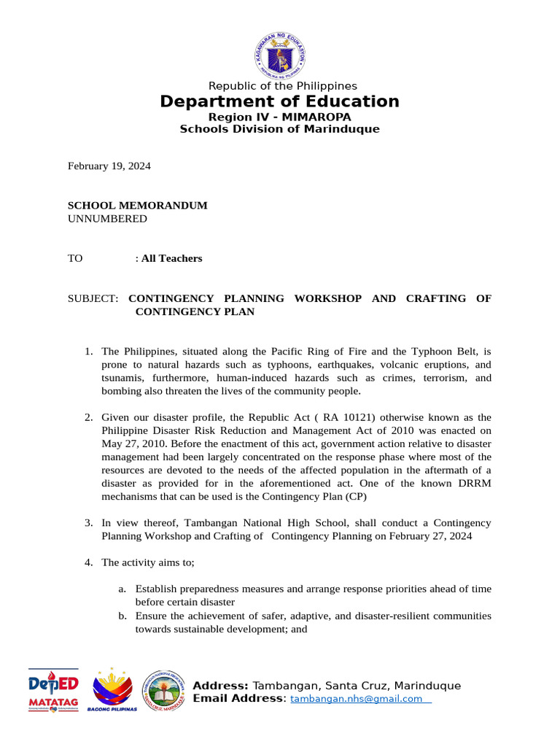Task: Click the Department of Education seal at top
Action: tap(280, 55)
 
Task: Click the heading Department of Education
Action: tap(280, 101)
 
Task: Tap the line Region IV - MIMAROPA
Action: tap(280, 117)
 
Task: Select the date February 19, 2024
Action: tap(109, 166)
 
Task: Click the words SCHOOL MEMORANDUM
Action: tap(138, 206)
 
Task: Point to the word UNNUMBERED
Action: tap(107, 219)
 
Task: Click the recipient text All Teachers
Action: tap(172, 258)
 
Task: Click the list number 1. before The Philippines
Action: tap(88, 352)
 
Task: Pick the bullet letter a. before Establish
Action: tap(122, 589)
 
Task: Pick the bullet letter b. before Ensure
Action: tap(122, 616)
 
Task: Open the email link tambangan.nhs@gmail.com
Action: tap(357, 699)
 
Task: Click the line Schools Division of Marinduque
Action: tap(280, 129)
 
